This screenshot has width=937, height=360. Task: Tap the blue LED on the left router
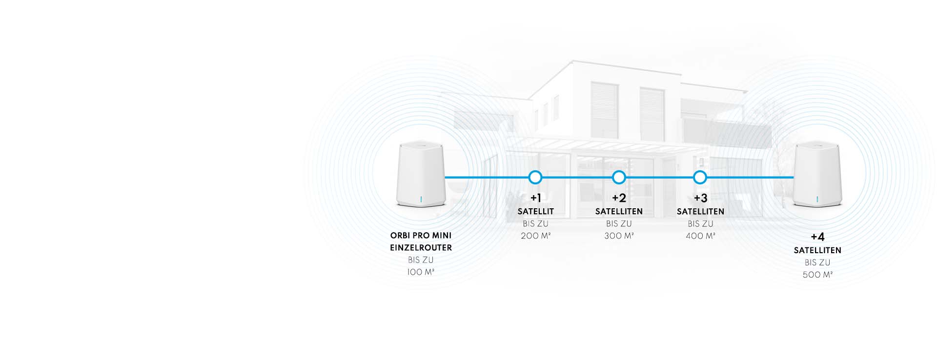(421, 199)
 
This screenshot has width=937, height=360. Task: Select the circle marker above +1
(535, 178)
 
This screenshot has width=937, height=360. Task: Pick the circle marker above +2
(619, 178)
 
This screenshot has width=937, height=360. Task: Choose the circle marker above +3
(700, 178)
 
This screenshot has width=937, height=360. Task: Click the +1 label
(535, 198)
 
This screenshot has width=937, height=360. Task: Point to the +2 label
(619, 198)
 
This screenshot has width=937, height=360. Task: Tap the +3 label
(700, 198)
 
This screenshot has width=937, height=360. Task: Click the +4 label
(817, 237)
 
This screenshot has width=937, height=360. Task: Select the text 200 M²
(535, 236)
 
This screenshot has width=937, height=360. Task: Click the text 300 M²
(619, 236)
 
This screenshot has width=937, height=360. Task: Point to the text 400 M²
(700, 236)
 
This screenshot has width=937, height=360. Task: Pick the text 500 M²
(817, 275)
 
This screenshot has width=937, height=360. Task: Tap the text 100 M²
(421, 272)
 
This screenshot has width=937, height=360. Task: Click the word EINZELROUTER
(421, 248)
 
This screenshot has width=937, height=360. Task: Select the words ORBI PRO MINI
(421, 236)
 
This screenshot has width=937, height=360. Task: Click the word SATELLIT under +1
(535, 212)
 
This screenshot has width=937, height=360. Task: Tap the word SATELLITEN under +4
(817, 250)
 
